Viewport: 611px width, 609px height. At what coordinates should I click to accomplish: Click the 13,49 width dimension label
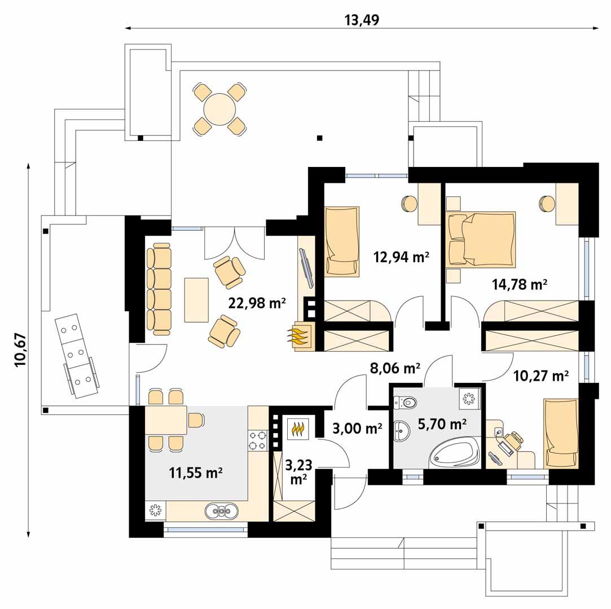coord(361,20)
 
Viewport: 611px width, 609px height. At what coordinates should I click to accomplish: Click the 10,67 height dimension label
coord(21,350)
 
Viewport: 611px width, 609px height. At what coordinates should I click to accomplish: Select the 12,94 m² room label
coord(401,258)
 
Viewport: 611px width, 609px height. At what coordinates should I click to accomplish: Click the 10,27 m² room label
coord(540,374)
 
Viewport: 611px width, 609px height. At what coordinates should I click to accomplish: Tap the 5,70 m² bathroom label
coord(442,423)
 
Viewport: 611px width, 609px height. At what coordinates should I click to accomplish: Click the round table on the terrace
coord(220,109)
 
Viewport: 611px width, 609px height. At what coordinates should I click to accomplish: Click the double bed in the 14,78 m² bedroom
coord(481,239)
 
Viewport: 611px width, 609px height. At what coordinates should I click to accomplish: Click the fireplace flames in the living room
coord(298,337)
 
